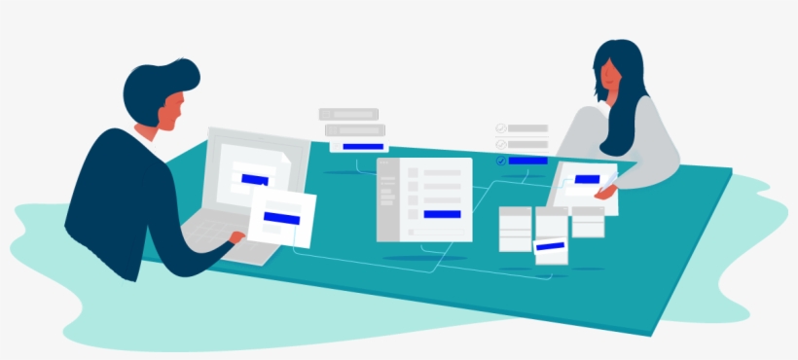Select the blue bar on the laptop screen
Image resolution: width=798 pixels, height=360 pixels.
[254, 180]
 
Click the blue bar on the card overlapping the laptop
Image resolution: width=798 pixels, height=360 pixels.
[281, 217]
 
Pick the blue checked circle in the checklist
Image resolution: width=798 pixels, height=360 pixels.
[500, 161]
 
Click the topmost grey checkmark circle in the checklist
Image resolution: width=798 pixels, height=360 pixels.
[500, 127]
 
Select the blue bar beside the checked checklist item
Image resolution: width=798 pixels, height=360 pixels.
[527, 161]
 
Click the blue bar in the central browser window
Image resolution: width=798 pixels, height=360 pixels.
[442, 213]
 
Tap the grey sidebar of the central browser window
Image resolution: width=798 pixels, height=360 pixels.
[387, 199]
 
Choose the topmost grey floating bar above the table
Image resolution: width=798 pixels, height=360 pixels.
[347, 114]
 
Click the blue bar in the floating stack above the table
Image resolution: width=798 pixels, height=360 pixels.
[363, 146]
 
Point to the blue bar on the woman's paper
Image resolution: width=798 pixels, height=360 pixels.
[587, 179]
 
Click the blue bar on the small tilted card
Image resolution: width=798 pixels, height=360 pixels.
[549, 246]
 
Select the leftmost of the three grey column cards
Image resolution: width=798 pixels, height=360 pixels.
[515, 228]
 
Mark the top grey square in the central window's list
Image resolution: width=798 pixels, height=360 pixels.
[413, 173]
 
